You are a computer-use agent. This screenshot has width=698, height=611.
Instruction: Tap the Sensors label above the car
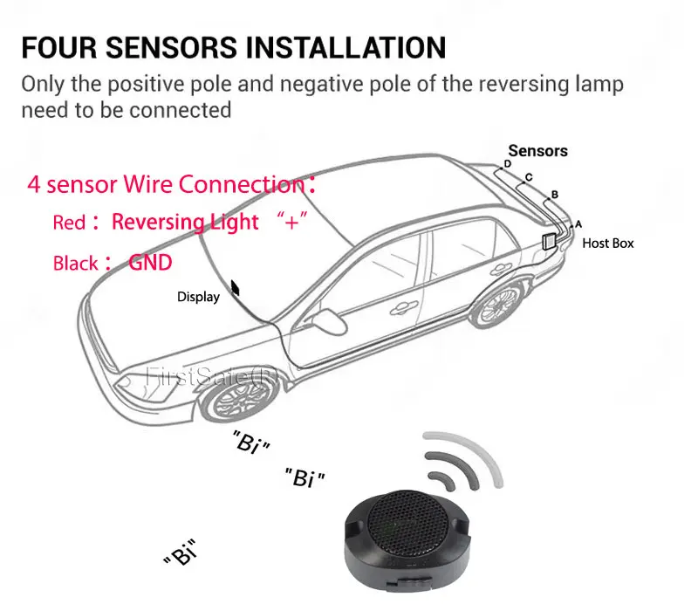pyautogui.click(x=537, y=151)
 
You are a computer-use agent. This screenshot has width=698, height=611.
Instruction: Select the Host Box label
pyautogui.click(x=607, y=244)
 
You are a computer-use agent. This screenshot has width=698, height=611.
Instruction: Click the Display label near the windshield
pyautogui.click(x=198, y=297)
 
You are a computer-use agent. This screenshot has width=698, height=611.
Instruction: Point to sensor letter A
pyautogui.click(x=578, y=223)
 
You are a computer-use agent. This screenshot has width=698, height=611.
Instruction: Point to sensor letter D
pyautogui.click(x=507, y=164)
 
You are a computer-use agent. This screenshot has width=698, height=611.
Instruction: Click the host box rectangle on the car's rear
pyautogui.click(x=551, y=242)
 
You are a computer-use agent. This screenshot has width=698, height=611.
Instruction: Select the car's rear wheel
pyautogui.click(x=503, y=307)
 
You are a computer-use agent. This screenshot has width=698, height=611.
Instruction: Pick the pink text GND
pyautogui.click(x=150, y=262)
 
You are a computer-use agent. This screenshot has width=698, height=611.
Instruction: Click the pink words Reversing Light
pyautogui.click(x=185, y=222)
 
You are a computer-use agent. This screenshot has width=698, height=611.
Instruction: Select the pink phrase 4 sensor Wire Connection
pyautogui.click(x=166, y=184)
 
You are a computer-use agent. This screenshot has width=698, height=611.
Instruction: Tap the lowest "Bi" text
pyautogui.click(x=181, y=554)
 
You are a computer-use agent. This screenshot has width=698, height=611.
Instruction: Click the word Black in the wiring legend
pyautogui.click(x=75, y=263)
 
